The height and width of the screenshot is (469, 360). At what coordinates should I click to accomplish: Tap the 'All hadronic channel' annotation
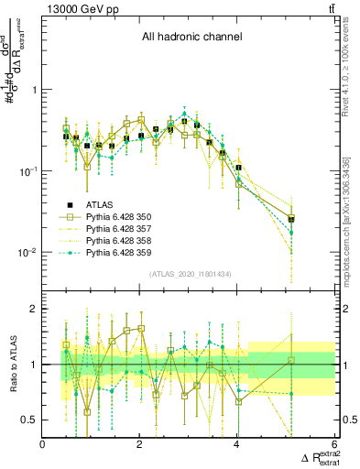click(x=191, y=38)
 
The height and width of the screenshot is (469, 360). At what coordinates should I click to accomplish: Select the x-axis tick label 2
click(x=140, y=443)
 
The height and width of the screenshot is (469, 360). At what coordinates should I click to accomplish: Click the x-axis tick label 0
click(x=43, y=443)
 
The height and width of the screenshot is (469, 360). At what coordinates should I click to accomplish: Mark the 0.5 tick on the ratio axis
click(x=29, y=420)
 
